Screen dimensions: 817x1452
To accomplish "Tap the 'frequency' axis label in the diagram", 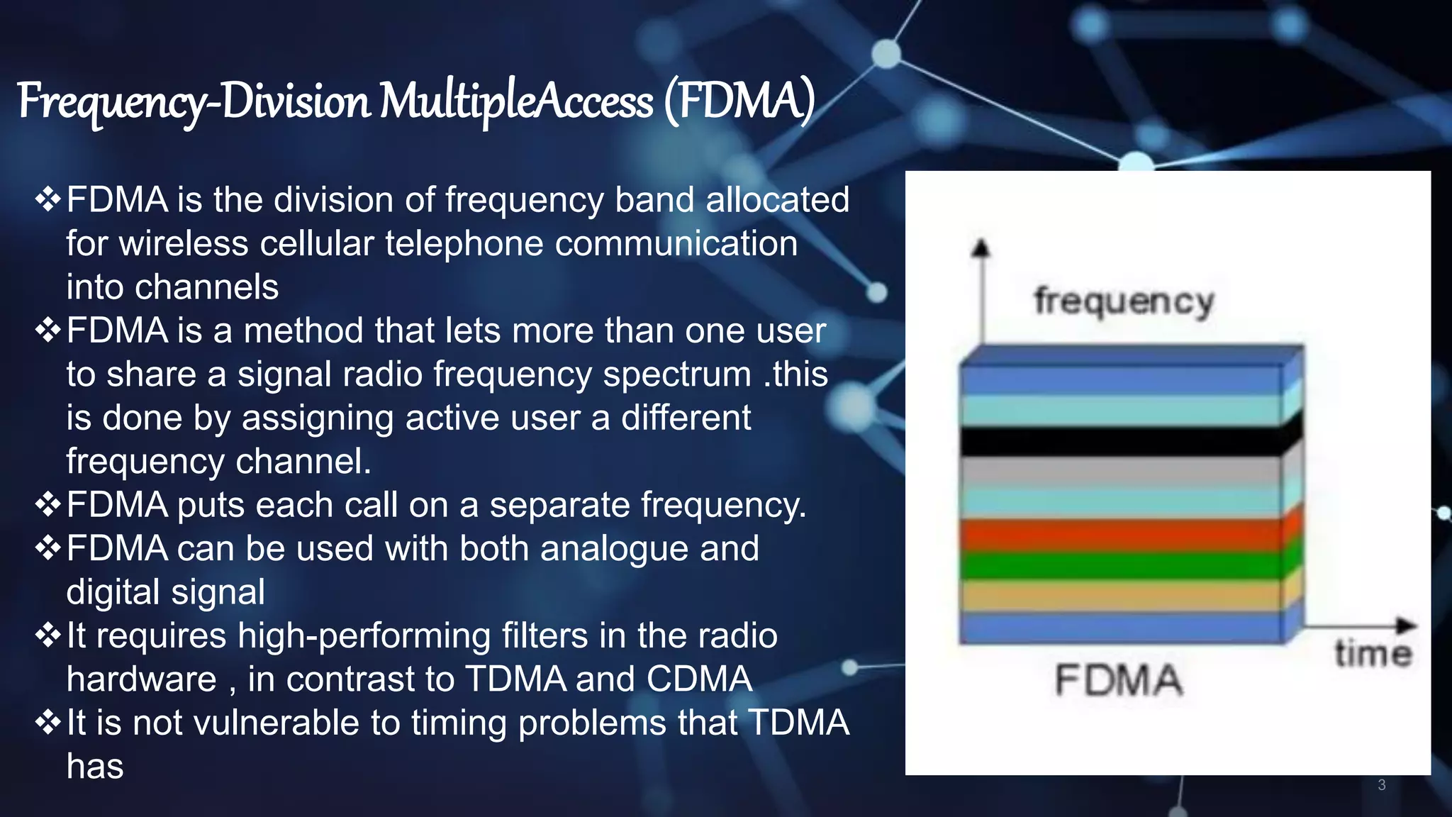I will tap(1124, 301).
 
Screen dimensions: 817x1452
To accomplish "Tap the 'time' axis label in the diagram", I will tap(1373, 653).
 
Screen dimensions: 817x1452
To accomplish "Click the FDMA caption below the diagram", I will tap(1118, 680).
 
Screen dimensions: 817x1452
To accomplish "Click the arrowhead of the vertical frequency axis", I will tap(981, 248).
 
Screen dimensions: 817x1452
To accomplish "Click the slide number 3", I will tap(1381, 784).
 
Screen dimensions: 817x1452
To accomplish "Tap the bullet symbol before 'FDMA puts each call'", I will tap(48, 505).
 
